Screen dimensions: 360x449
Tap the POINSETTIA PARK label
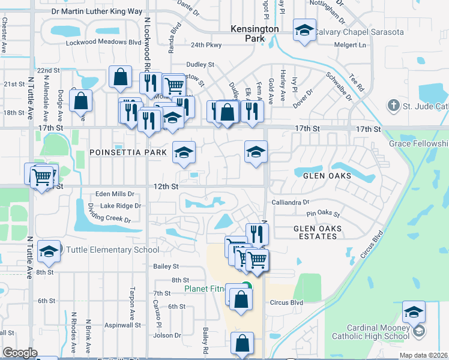click(x=128, y=152)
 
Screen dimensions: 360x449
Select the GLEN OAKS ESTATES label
click(x=318, y=232)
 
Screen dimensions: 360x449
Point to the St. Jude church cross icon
click(x=393, y=107)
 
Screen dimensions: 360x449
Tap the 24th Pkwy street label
click(x=206, y=45)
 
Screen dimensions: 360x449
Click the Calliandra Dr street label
click(x=290, y=203)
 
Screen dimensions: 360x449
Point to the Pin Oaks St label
click(x=323, y=214)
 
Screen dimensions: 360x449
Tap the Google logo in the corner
click(x=20, y=353)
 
